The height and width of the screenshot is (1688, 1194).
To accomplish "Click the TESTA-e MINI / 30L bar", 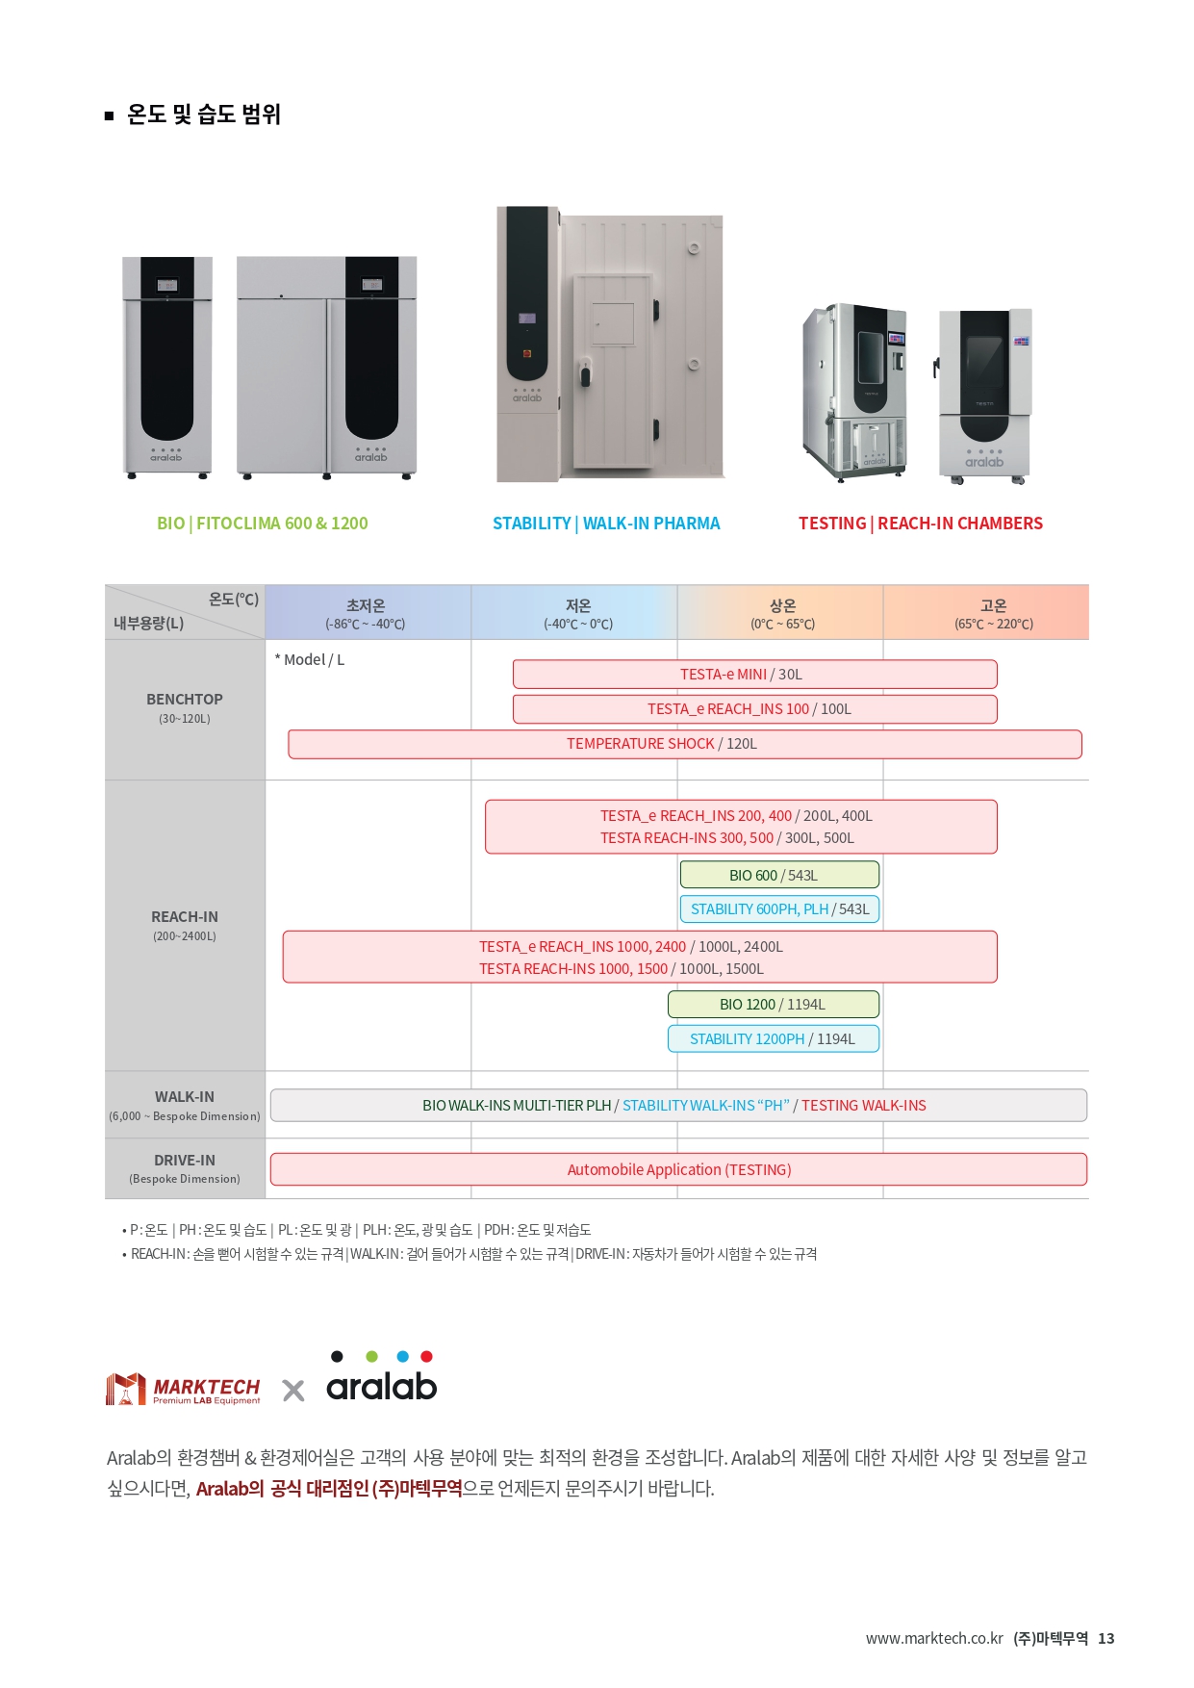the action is coord(754,674).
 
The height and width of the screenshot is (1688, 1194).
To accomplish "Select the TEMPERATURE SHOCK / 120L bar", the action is coord(685,744).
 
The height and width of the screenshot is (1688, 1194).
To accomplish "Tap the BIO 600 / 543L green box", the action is coord(779,875).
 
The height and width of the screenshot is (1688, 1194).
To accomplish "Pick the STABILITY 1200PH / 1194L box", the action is coord(774,1038).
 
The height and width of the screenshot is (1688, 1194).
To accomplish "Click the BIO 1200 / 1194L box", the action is coord(774,1004).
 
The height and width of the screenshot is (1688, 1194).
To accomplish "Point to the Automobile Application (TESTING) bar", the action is coord(678,1169).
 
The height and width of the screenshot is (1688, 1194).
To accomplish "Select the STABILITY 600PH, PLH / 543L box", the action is coord(779,908).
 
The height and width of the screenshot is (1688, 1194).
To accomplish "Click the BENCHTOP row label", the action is coord(185,700).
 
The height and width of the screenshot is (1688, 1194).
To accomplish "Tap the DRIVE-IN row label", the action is coord(185,1161).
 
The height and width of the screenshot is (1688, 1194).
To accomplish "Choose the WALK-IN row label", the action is coord(185,1097).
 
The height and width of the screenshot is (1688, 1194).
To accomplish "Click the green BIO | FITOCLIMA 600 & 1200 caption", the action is coord(263,524).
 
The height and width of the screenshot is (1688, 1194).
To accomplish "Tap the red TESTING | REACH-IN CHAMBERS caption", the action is coord(921,524).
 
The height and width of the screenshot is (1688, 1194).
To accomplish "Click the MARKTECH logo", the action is coord(183,1389).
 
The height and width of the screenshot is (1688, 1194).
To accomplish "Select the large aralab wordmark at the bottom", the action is coord(382,1386).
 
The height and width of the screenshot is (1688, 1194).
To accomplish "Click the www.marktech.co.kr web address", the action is coord(934,1638).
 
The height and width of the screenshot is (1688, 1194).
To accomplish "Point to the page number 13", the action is coord(1106,1638).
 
